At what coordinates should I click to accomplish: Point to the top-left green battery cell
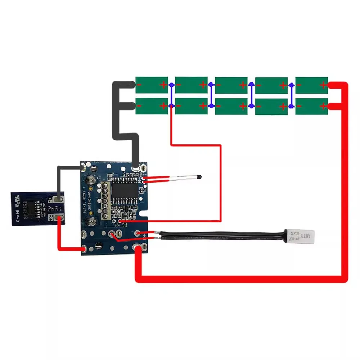pyautogui.click(x=152, y=85)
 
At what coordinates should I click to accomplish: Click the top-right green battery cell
pyautogui.click(x=311, y=85)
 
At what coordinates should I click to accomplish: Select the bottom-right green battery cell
pyautogui.click(x=311, y=106)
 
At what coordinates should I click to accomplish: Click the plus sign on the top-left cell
pyautogui.click(x=163, y=85)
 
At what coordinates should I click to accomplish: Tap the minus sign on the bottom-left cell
pyautogui.click(x=140, y=106)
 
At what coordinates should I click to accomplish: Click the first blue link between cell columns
pyautogui.click(x=171, y=95)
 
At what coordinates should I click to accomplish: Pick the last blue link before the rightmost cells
pyautogui.click(x=291, y=95)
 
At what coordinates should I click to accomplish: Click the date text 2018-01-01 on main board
pyautogui.click(x=89, y=203)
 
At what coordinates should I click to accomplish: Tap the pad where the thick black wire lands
pyautogui.click(x=136, y=168)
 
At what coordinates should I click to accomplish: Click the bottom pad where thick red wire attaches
pyautogui.click(x=139, y=248)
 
